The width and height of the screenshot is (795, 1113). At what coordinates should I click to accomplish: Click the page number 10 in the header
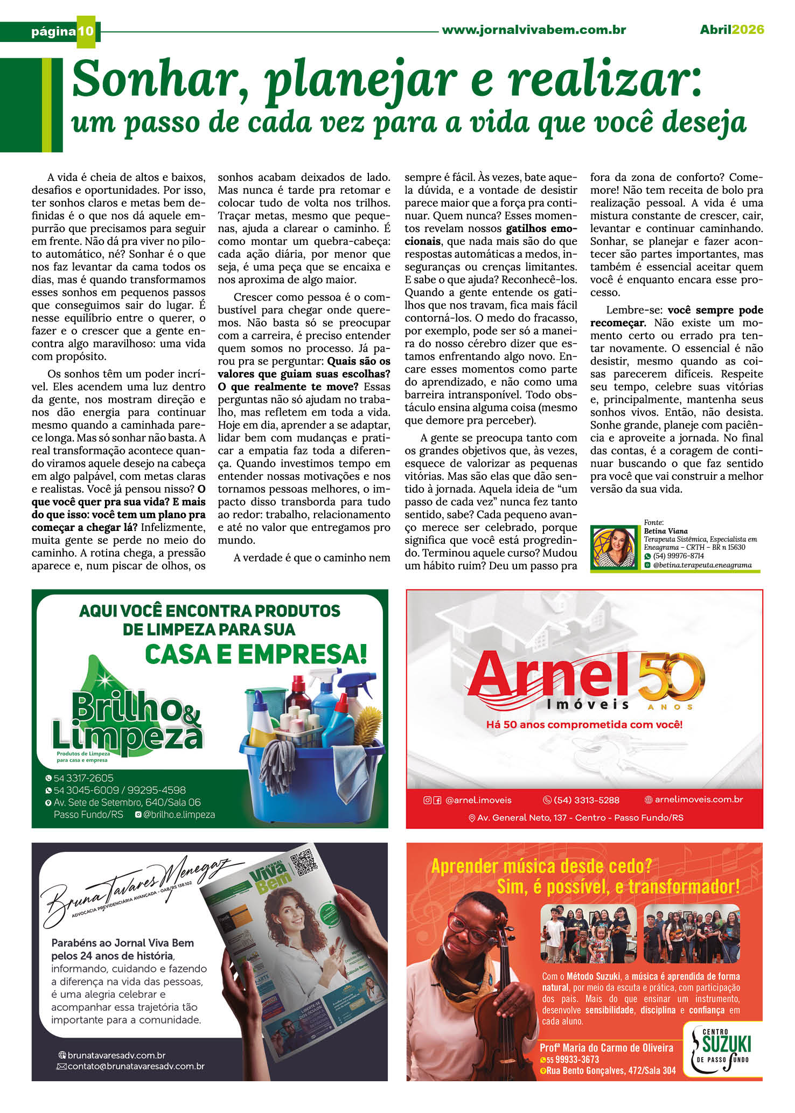86,31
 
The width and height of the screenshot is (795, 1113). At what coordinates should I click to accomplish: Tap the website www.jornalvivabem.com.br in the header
533,30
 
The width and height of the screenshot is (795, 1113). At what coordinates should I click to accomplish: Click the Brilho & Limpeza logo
127,722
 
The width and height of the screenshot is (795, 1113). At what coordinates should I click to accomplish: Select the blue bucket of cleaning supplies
312,770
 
